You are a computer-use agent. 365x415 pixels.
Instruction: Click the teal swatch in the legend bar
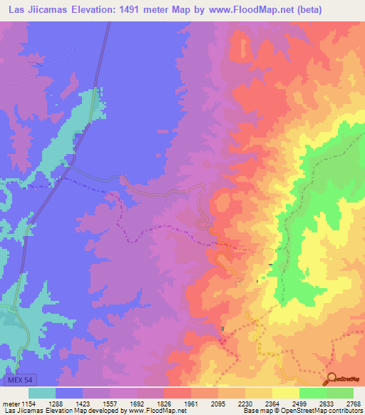point(42,393)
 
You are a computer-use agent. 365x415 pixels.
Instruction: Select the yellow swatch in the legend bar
point(286,393)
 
